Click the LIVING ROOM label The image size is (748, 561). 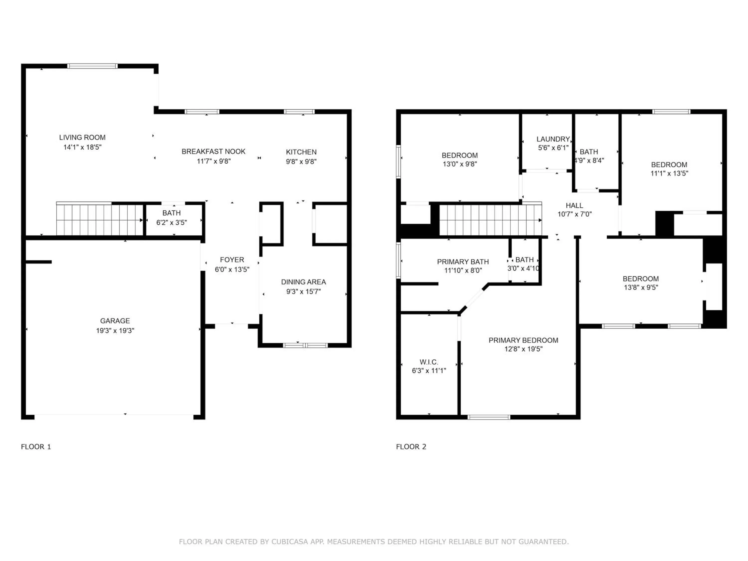coord(82,137)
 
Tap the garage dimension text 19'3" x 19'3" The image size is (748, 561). coord(115,331)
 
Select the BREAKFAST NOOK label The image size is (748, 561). coord(213,152)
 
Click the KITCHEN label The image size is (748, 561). coord(301,152)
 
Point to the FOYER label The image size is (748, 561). coord(232,260)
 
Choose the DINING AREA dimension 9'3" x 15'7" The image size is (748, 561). coord(303,291)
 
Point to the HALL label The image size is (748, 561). coord(574,206)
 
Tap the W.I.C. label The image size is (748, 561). coord(429,362)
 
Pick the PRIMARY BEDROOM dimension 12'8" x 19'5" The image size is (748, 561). coord(523,349)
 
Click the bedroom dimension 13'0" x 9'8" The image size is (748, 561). coord(460,164)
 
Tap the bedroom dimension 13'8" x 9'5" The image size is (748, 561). coord(641,287)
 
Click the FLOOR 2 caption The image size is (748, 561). coord(411,447)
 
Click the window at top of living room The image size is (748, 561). coord(92,66)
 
